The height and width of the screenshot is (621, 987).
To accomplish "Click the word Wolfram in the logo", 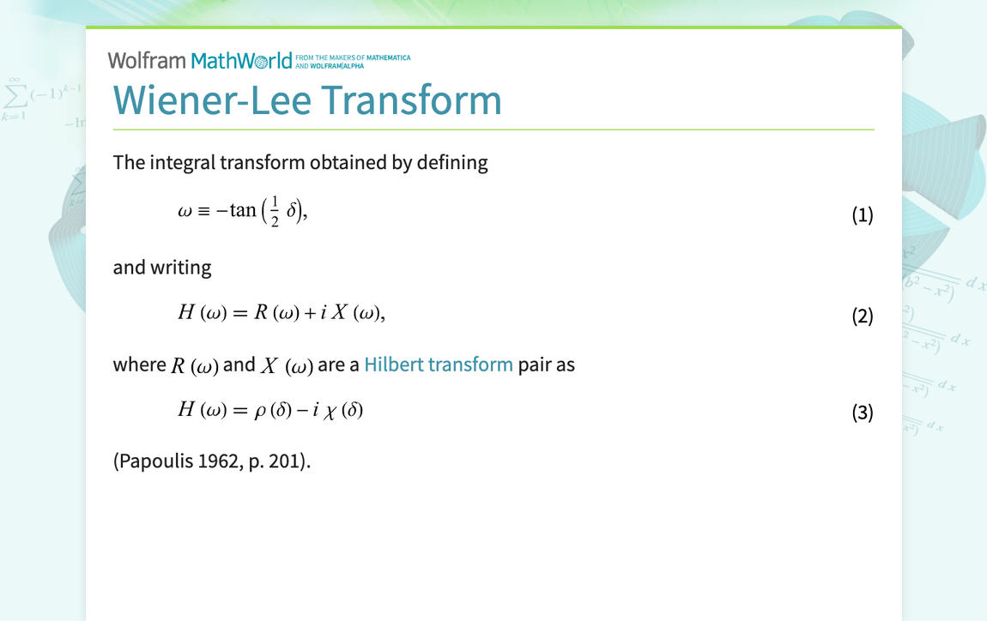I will [147, 60].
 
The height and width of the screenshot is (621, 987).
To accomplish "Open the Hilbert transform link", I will [439, 365].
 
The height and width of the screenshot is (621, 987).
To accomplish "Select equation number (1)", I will [862, 215].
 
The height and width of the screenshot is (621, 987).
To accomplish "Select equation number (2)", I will [862, 317].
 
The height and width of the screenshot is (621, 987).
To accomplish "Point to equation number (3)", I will [862, 413].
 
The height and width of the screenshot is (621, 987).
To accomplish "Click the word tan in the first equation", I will [243, 210].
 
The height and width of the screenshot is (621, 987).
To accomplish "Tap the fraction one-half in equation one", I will [275, 211].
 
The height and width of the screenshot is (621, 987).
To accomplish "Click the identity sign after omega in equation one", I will [204, 211].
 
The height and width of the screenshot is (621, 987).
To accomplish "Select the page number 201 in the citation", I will [288, 461].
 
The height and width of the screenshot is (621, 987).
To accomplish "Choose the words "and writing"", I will [162, 268].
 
